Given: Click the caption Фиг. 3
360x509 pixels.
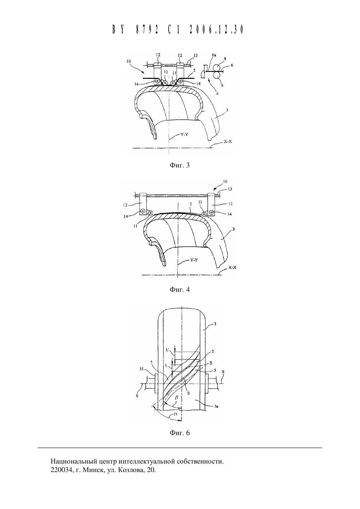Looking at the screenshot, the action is (x=180, y=165).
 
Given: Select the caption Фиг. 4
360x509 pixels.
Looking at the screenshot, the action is (x=180, y=290).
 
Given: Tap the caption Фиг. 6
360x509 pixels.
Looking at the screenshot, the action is (x=180, y=433).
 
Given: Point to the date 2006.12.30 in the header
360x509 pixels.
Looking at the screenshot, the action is (x=216, y=29).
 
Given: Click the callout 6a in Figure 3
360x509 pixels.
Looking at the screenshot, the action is (x=214, y=55).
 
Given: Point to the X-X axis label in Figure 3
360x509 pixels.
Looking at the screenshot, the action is (x=228, y=141).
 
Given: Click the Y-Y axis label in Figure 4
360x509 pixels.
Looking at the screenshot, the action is (x=194, y=260).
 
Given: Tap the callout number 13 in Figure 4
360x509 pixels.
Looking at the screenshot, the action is (x=230, y=189).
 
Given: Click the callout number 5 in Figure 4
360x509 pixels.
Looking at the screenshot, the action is (x=191, y=204).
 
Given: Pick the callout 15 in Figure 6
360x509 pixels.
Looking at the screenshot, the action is (x=142, y=369).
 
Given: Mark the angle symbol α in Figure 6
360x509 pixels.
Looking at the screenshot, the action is (x=176, y=414).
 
